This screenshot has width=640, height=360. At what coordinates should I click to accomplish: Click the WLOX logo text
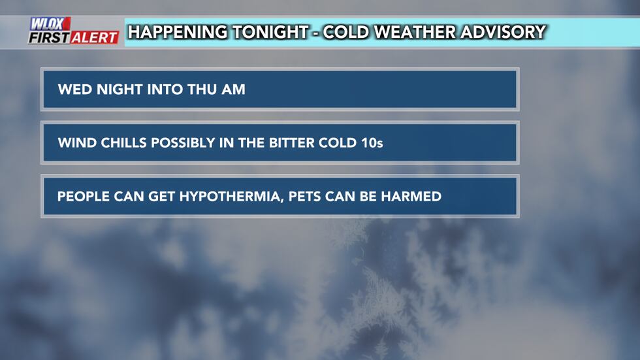[x=50, y=24]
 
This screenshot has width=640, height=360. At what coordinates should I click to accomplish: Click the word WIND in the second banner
[x=75, y=142]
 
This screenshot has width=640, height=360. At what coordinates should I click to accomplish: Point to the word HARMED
[x=411, y=196]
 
